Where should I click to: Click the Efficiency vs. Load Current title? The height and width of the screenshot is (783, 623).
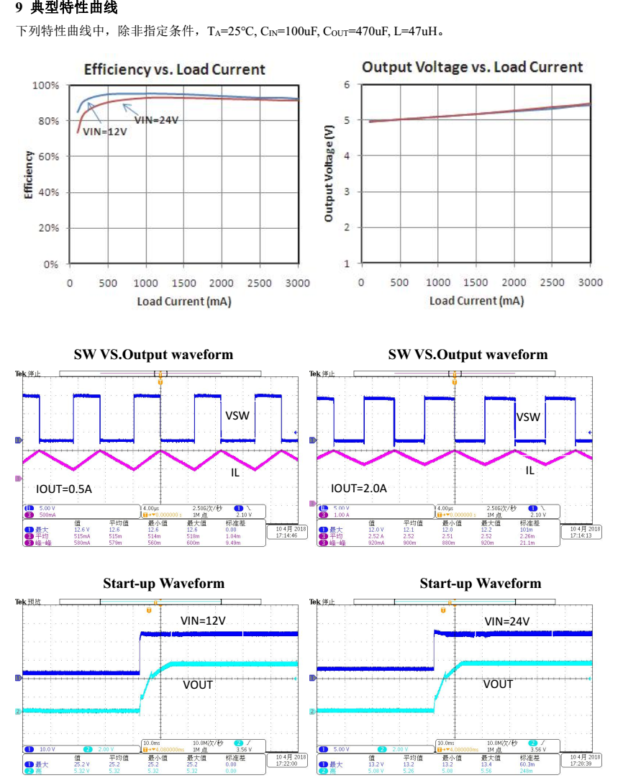click(x=175, y=69)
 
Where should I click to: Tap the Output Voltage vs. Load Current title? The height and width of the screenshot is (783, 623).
click(x=472, y=67)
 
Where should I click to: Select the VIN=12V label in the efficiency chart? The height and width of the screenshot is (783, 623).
click(x=104, y=132)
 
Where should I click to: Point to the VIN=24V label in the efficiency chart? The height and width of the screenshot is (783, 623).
click(x=156, y=120)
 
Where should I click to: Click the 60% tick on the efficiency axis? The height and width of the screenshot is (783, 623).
click(x=48, y=157)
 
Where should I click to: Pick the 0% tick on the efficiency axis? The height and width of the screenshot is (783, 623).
click(x=50, y=264)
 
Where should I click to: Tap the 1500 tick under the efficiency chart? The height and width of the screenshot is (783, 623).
click(x=184, y=283)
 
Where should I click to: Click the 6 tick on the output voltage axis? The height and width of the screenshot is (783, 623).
click(x=346, y=85)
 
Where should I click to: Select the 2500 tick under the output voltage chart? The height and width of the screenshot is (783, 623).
click(x=552, y=282)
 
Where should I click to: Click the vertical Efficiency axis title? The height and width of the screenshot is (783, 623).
click(x=28, y=175)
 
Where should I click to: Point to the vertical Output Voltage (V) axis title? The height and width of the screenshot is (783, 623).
click(x=329, y=173)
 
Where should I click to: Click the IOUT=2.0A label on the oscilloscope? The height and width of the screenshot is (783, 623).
click(x=359, y=488)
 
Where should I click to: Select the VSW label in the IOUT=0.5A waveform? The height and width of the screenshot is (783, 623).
click(x=237, y=415)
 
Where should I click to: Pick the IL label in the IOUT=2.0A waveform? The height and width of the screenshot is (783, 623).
click(x=529, y=470)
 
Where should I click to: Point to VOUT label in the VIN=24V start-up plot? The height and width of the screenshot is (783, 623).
click(x=498, y=684)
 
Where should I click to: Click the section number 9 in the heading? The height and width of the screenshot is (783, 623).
click(x=19, y=9)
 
